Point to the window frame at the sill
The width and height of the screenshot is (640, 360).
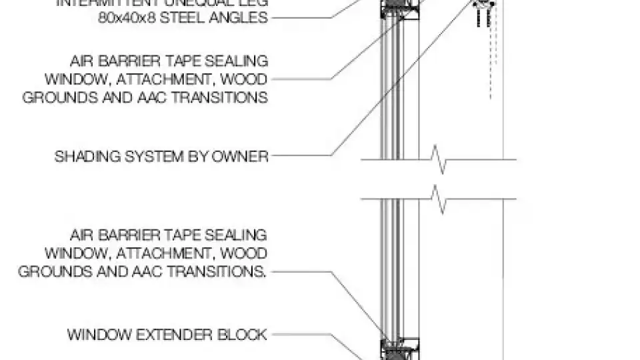click(399, 349)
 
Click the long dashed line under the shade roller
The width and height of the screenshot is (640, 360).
click(492, 60)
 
